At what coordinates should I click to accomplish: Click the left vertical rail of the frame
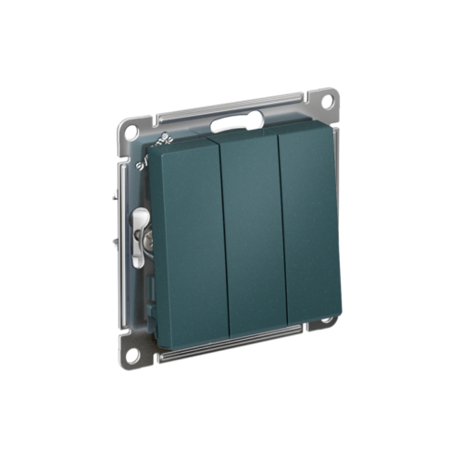[x=125, y=241]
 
